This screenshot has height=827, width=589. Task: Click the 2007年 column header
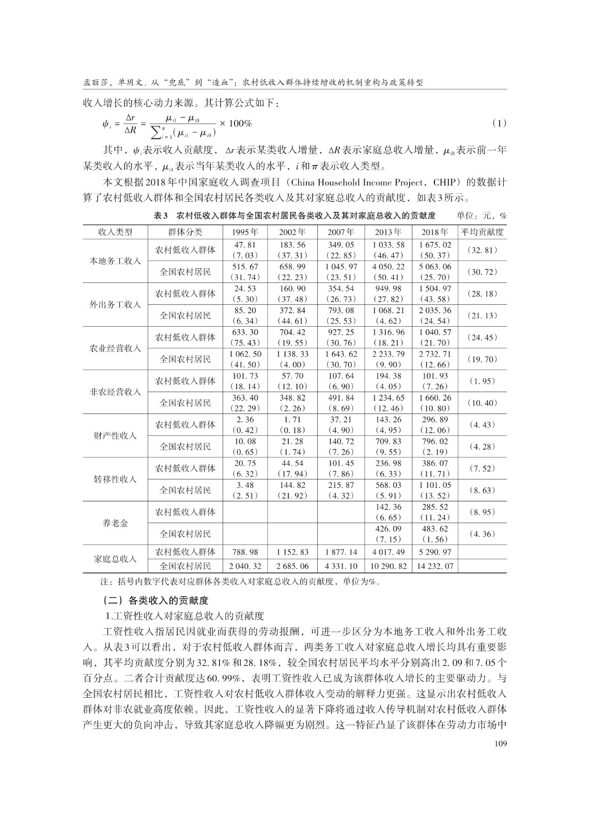tap(341, 232)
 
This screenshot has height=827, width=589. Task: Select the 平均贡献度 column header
tap(482, 232)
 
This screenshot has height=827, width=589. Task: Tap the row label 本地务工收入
tap(115, 261)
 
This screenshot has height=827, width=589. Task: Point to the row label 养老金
tap(115, 523)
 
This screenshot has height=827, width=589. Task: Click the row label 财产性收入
tap(115, 436)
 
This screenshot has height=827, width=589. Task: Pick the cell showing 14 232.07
tap(435, 566)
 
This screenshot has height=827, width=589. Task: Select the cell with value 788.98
tap(246, 552)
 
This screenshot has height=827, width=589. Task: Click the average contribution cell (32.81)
tap(482, 250)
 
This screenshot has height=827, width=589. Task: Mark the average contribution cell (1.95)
tap(482, 381)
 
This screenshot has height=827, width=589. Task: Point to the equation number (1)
tap(498, 124)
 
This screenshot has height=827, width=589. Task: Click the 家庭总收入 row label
tap(115, 559)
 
